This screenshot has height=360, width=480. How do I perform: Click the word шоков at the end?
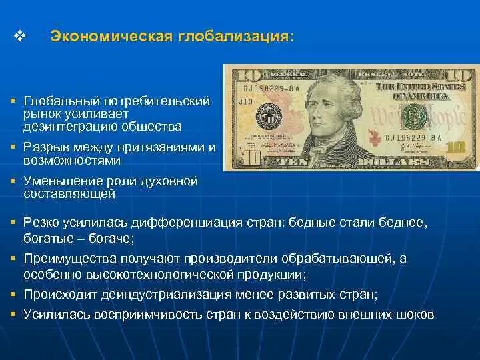[x=419, y=313]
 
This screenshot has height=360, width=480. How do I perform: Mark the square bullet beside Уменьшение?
[x=13, y=181]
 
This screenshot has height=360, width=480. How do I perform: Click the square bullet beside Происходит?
[x=13, y=293]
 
